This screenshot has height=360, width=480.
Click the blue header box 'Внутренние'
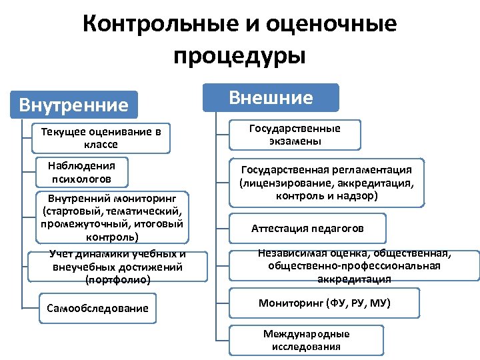click(74, 105)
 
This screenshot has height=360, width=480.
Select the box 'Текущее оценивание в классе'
click(101, 138)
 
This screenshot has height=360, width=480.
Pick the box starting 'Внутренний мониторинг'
click(111, 217)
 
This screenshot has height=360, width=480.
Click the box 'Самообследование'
click(97, 308)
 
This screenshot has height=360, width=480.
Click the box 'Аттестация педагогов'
click(307, 229)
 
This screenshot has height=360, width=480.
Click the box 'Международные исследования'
click(306, 340)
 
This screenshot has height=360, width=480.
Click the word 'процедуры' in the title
click(239, 55)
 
